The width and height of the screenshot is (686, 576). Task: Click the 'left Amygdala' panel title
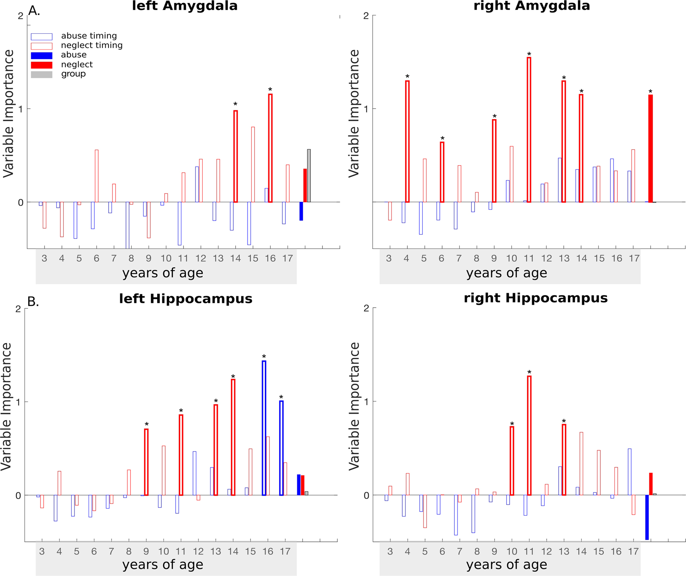point(185,6)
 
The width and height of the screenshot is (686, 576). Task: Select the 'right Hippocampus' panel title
point(535,298)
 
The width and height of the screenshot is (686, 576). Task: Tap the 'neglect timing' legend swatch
point(42,46)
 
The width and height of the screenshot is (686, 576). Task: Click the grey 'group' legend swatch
point(42,74)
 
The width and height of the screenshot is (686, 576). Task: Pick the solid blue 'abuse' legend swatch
point(42,55)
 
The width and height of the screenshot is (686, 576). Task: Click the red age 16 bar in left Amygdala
point(270,148)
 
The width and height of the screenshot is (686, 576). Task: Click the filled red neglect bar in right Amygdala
point(651,149)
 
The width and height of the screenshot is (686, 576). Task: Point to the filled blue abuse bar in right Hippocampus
point(647,517)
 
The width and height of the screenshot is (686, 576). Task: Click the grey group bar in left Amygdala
point(309,176)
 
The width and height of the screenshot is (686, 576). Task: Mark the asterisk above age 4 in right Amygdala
point(407,77)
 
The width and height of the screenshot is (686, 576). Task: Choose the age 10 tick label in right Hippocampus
point(511,552)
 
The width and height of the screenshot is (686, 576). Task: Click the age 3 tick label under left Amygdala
point(45,258)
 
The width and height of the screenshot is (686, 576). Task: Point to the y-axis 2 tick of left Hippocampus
point(18,309)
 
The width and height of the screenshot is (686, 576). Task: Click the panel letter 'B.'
point(33,301)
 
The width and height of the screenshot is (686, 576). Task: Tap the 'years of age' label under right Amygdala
point(506,273)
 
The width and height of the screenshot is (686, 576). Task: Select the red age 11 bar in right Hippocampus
point(529,435)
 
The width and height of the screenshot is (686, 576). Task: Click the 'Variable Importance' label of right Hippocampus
point(354,406)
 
